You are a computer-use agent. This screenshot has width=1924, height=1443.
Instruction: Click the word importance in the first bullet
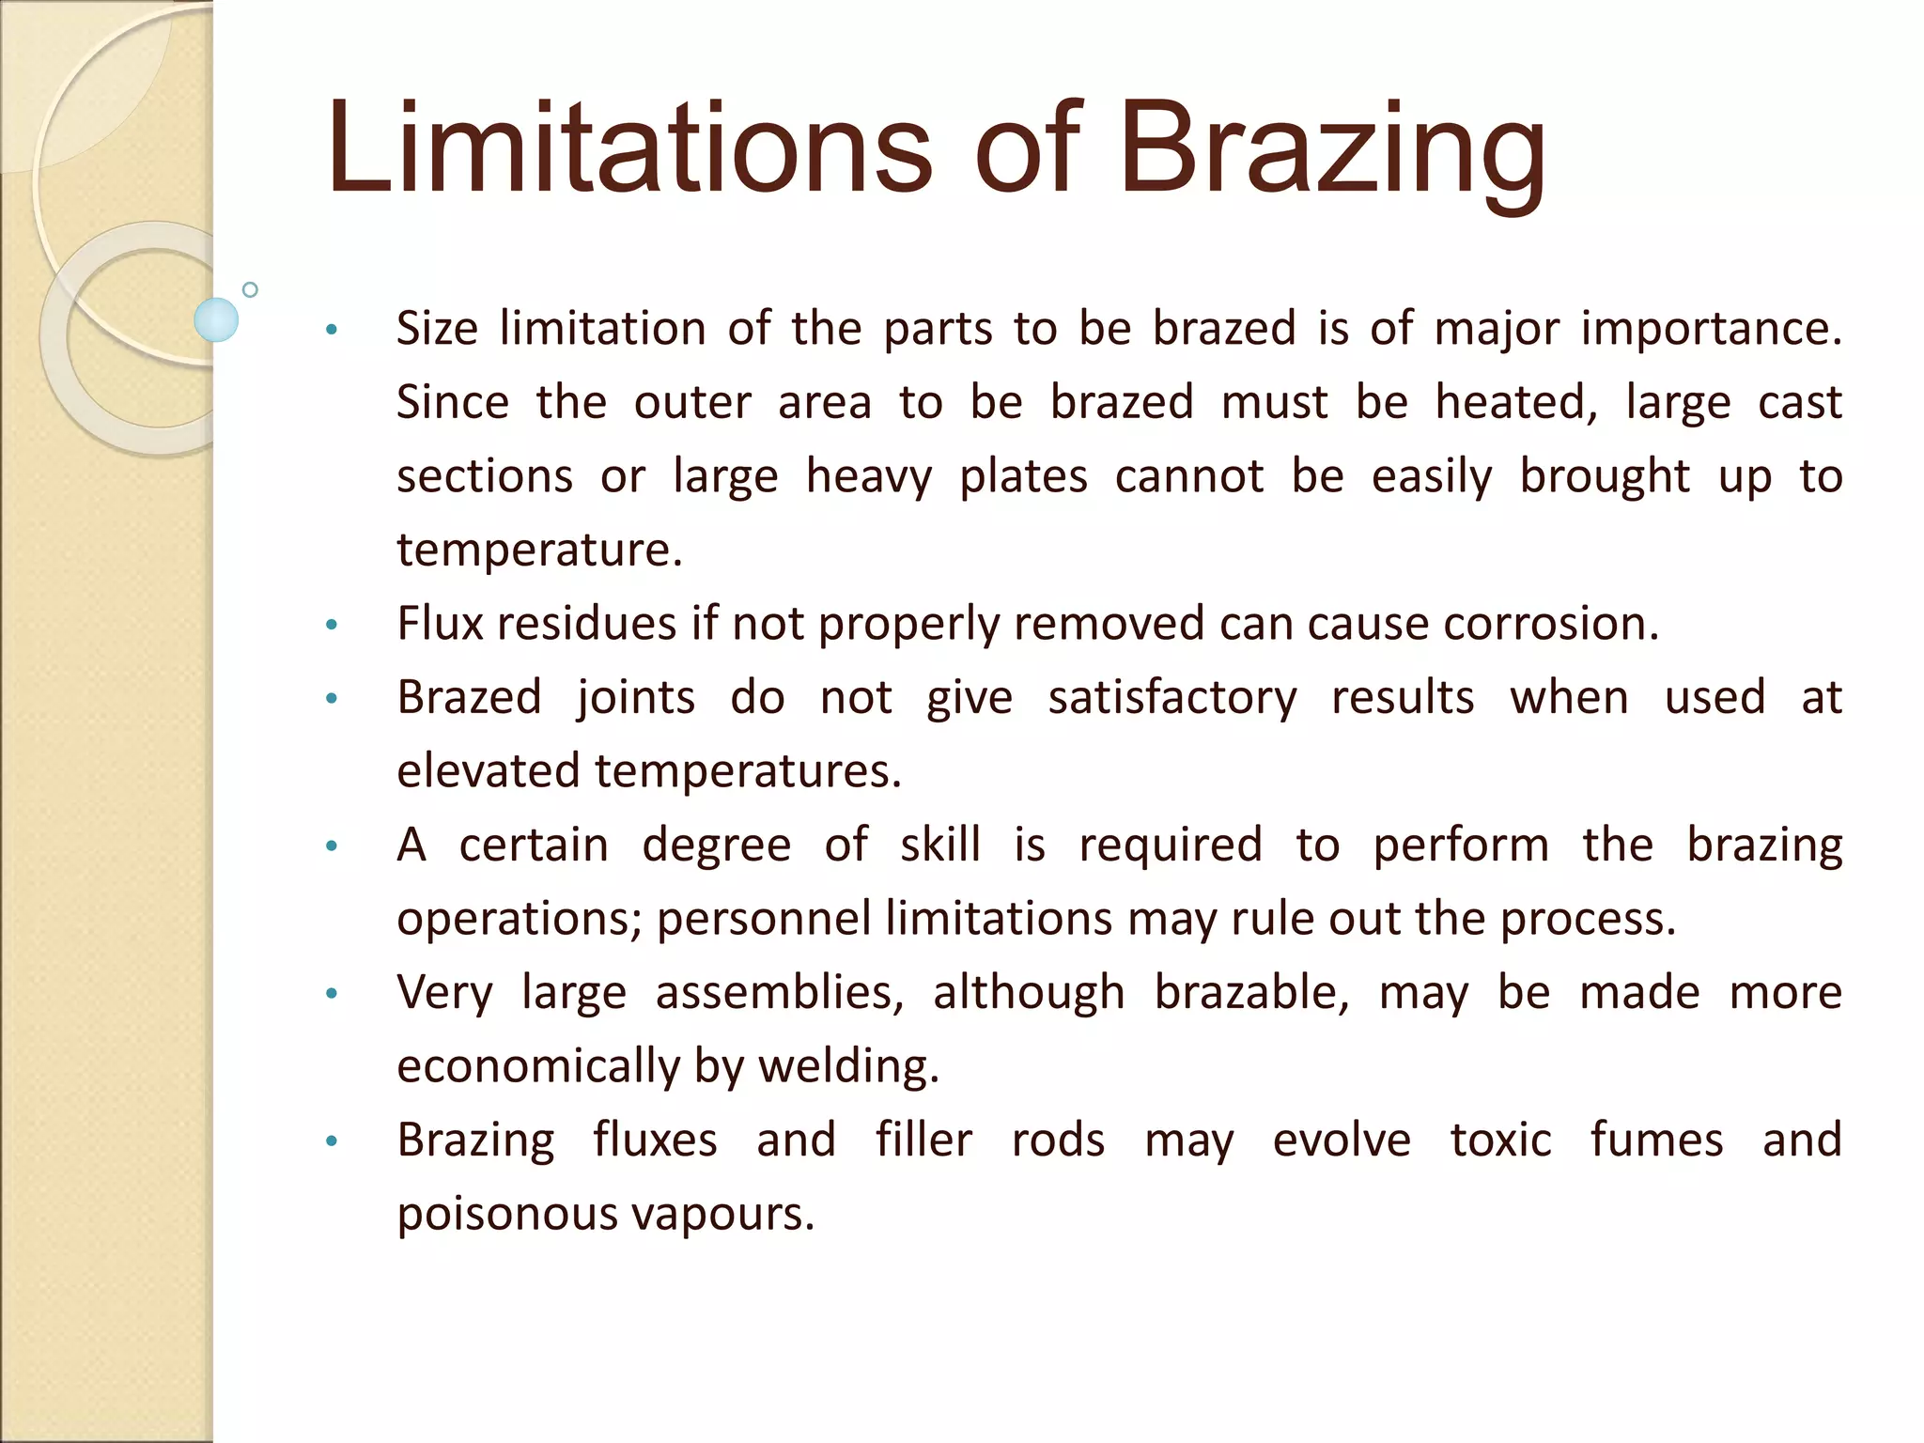[1711, 330]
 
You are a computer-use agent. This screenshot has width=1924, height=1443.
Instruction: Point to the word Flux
[439, 624]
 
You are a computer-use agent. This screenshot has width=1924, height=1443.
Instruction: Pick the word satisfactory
[1171, 698]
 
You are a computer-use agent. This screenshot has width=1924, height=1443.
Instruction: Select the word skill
[940, 845]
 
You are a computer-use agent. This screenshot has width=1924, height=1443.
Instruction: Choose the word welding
[848, 1067]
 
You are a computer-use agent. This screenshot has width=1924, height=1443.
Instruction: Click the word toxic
[1500, 1140]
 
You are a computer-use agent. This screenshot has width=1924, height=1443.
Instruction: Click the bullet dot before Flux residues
[331, 625]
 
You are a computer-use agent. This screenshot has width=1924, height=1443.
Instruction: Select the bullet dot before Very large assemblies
[331, 994]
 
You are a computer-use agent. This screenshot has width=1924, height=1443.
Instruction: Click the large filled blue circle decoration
[216, 319]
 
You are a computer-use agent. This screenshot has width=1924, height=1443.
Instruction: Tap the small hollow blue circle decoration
[250, 289]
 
